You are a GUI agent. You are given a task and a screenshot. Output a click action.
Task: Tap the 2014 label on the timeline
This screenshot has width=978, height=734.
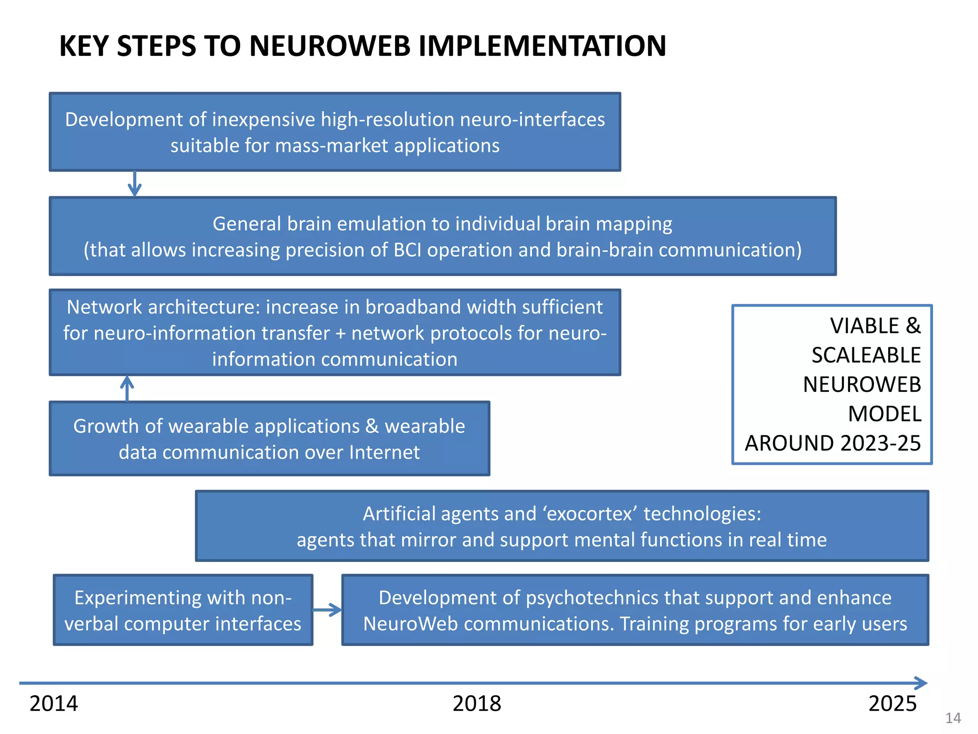[53, 703]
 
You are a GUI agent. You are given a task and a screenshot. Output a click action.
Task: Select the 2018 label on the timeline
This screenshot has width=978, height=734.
[477, 703]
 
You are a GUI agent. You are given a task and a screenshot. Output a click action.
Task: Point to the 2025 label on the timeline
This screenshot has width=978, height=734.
[892, 703]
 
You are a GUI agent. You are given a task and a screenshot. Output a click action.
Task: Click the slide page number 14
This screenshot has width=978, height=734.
[953, 718]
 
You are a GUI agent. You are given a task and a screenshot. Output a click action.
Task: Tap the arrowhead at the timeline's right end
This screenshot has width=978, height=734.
[921, 683]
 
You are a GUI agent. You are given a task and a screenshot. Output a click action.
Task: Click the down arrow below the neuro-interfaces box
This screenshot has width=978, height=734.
[135, 184]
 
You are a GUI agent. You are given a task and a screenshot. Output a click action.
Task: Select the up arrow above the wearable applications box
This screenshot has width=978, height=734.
[127, 388]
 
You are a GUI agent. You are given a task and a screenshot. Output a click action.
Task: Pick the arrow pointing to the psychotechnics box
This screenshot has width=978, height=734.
[328, 610]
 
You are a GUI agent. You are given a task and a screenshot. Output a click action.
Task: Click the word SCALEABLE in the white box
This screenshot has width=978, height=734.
[866, 355]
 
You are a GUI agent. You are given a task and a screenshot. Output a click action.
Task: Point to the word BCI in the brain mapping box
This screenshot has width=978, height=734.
[408, 250]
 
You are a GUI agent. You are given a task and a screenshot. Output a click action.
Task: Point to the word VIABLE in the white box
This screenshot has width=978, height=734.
[864, 326]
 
